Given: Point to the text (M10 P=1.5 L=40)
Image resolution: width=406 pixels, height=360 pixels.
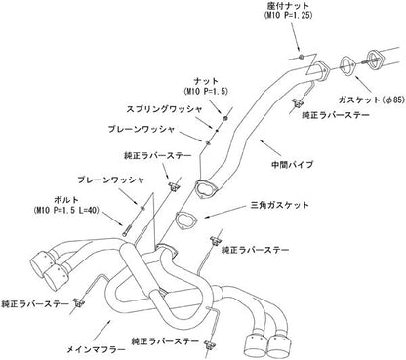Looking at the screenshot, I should click(x=61, y=217).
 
